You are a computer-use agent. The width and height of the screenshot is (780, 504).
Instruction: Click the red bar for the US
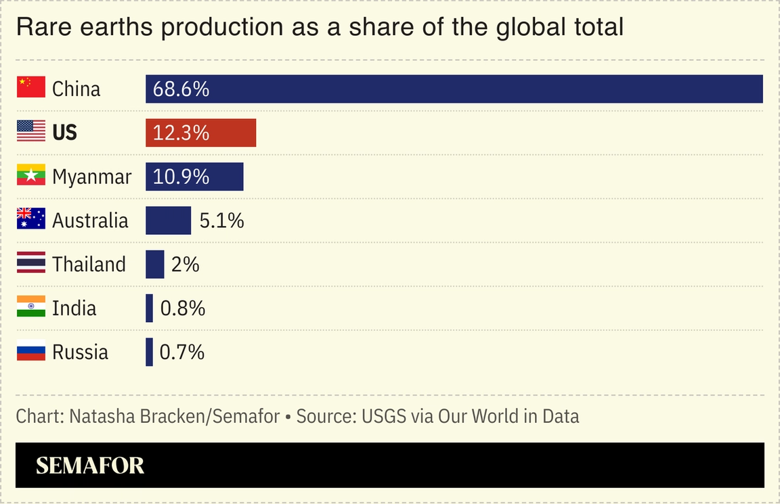click(200, 133)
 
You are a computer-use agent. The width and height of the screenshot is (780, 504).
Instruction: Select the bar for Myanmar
click(194, 177)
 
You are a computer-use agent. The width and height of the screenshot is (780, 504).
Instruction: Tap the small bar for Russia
click(149, 352)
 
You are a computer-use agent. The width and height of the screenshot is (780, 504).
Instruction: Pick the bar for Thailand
click(155, 265)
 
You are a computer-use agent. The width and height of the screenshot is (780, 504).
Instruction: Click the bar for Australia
click(168, 221)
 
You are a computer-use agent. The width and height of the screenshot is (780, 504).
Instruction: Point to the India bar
click(149, 308)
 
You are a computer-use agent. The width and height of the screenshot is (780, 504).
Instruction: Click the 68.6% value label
click(181, 89)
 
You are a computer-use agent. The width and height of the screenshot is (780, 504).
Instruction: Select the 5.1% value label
click(221, 221)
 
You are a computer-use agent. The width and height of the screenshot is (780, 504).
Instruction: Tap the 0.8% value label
click(183, 308)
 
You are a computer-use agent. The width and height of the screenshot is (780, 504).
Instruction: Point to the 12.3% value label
click(181, 133)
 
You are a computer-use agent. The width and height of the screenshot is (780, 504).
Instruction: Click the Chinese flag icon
click(31, 87)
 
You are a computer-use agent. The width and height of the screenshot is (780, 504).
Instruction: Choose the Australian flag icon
click(31, 219)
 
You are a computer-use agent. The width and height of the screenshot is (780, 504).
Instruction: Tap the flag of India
click(31, 307)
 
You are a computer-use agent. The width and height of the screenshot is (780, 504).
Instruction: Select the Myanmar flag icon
click(31, 175)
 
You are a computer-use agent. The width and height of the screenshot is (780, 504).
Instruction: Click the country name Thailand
click(89, 265)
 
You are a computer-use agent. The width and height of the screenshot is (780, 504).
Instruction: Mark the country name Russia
click(80, 352)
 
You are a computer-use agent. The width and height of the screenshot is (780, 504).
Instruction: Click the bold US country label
click(65, 133)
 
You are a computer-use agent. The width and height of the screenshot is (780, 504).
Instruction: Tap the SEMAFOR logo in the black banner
click(90, 465)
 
